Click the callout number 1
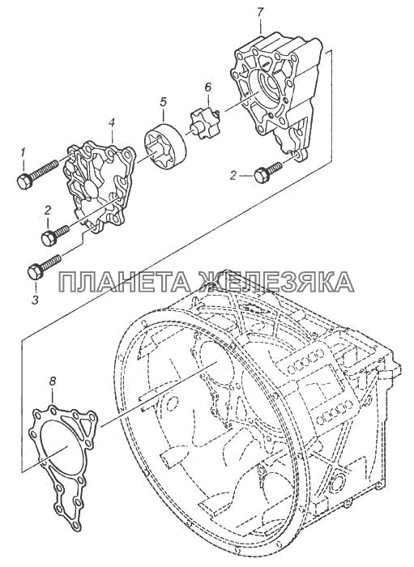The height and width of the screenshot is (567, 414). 23,153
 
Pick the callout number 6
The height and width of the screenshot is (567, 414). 207,87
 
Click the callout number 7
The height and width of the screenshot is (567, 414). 261,11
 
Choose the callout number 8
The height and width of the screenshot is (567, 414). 53,381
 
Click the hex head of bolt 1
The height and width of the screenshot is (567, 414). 24,181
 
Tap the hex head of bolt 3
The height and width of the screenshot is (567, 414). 36,271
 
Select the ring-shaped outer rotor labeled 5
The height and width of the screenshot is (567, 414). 165,147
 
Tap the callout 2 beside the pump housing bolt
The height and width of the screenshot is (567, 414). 233,176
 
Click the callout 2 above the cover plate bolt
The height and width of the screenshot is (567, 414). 48,211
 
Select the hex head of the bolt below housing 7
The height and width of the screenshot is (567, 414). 261,176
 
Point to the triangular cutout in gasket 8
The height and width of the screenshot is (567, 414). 85,427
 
